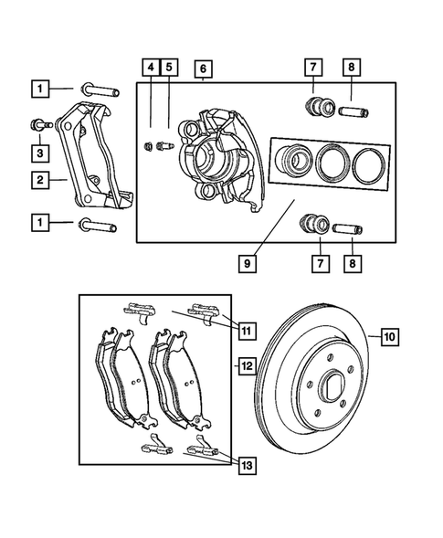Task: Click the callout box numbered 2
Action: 40,182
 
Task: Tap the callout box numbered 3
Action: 40,152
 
